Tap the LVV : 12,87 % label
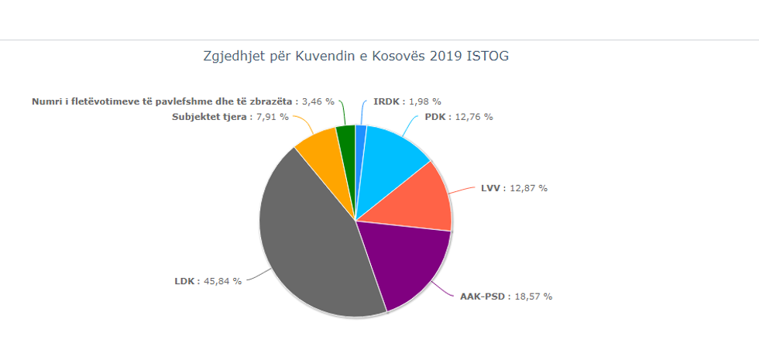[x=513, y=188]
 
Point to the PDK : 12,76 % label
[x=458, y=117]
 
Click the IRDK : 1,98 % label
[x=407, y=101]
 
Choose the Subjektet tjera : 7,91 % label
[x=230, y=117]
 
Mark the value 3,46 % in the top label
[x=318, y=101]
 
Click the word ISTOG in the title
[x=487, y=57]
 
